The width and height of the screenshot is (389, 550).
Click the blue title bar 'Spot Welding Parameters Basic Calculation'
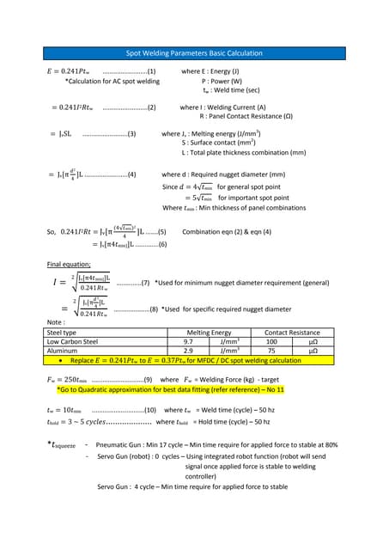tap(194, 53)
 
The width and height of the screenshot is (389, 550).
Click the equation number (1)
tap(151, 71)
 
